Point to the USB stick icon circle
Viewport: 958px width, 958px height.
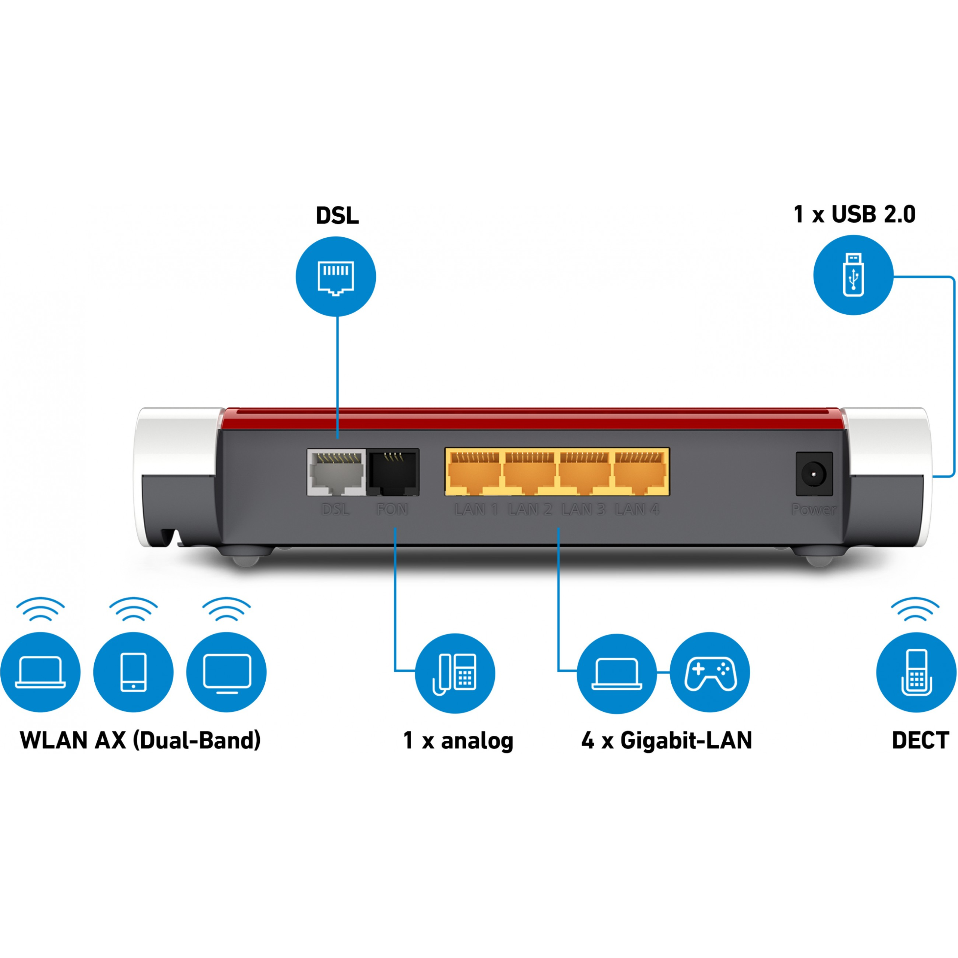853,275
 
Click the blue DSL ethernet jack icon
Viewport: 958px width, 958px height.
336,277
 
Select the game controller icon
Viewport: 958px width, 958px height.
710,672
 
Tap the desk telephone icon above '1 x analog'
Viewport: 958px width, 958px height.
455,673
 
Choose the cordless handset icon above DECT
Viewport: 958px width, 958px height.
916,672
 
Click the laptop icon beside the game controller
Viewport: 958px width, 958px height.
616,673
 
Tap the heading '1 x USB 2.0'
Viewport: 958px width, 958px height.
854,214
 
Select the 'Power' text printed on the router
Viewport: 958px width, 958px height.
813,509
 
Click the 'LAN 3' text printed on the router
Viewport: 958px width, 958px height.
583,509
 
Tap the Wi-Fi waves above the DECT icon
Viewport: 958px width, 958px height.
915,609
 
